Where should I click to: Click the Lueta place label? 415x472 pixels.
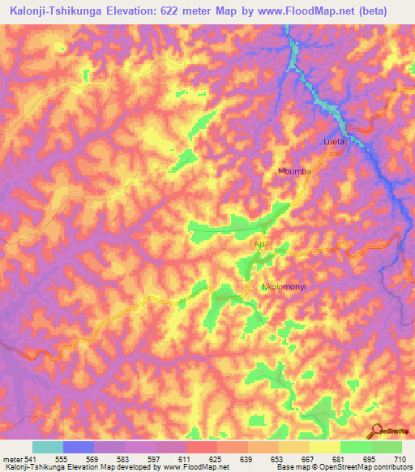pyautogui.click(x=334, y=141)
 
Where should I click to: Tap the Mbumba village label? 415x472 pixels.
pyautogui.click(x=295, y=172)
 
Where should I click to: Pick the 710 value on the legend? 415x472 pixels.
pyautogui.click(x=400, y=459)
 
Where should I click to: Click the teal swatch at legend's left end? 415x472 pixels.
pyautogui.click(x=48, y=447)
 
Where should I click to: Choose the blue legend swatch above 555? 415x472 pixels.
pyautogui.click(x=79, y=447)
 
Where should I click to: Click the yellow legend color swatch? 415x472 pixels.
pyautogui.click(x=324, y=447)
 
